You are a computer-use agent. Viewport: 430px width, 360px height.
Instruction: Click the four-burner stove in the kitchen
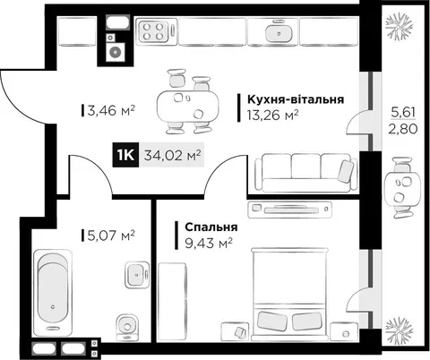(x=154, y=31)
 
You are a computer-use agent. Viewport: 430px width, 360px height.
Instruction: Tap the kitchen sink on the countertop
(x=279, y=32)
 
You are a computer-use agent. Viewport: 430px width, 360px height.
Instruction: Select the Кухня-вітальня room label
(x=296, y=99)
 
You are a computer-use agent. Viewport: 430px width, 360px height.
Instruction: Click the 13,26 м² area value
(x=272, y=115)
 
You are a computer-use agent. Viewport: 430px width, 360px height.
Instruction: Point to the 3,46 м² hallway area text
(x=111, y=111)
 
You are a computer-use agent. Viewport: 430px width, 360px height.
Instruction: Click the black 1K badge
(x=125, y=155)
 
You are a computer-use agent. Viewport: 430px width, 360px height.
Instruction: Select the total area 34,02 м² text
(x=172, y=156)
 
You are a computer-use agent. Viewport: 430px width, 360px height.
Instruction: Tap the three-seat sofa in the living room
(x=306, y=172)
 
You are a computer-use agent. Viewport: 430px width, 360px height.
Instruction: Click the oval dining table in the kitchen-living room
(x=187, y=106)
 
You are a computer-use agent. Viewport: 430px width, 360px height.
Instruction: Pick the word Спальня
(x=211, y=227)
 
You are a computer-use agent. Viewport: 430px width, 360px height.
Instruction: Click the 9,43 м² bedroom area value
(x=209, y=244)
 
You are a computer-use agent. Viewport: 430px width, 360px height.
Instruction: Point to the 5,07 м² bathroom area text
(x=111, y=236)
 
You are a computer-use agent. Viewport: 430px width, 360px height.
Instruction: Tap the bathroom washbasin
(x=137, y=275)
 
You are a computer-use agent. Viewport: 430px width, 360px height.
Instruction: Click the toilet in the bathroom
(x=127, y=327)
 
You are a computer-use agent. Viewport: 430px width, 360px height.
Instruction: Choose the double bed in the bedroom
(x=289, y=294)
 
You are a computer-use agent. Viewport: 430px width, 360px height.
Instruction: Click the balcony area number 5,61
(x=403, y=113)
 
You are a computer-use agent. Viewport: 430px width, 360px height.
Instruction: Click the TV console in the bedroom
(x=289, y=209)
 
